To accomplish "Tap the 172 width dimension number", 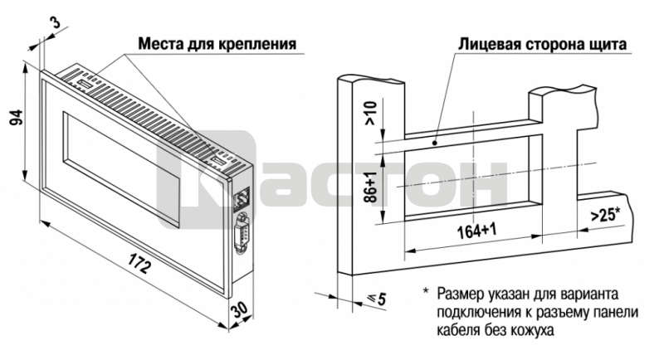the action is [139, 264].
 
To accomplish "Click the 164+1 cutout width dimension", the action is [476, 231].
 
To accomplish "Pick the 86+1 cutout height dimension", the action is [370, 187].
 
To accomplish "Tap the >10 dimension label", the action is [369, 113].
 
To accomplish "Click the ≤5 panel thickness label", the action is [377, 299].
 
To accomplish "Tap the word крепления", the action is [257, 45].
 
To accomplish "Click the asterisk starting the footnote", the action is [426, 291].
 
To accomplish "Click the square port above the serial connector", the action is [242, 199].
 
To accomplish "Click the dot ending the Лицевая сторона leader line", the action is [435, 143].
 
